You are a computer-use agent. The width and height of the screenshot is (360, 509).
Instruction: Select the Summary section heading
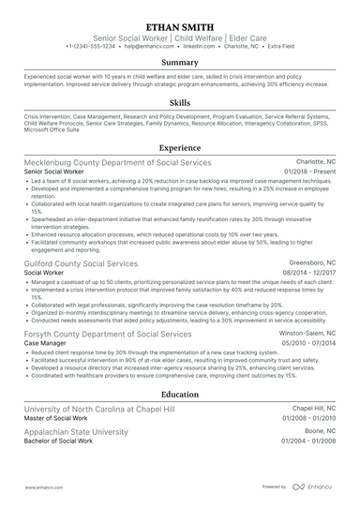[x=179, y=61]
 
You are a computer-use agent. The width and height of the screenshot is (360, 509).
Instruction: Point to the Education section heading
[x=179, y=395]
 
